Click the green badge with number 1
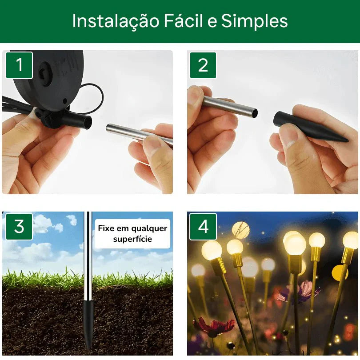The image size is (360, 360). pos(19,65)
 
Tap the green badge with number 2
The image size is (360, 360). pos(203,65)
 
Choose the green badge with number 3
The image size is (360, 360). pos(19,227)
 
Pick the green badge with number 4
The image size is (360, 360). pos(203,227)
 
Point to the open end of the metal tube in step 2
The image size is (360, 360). pos(254,113)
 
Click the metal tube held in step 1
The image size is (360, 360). pos(133,133)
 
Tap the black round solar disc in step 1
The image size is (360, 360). pos(49,76)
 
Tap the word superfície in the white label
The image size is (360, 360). pos(132,239)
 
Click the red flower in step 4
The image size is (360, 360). pos(215,327)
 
